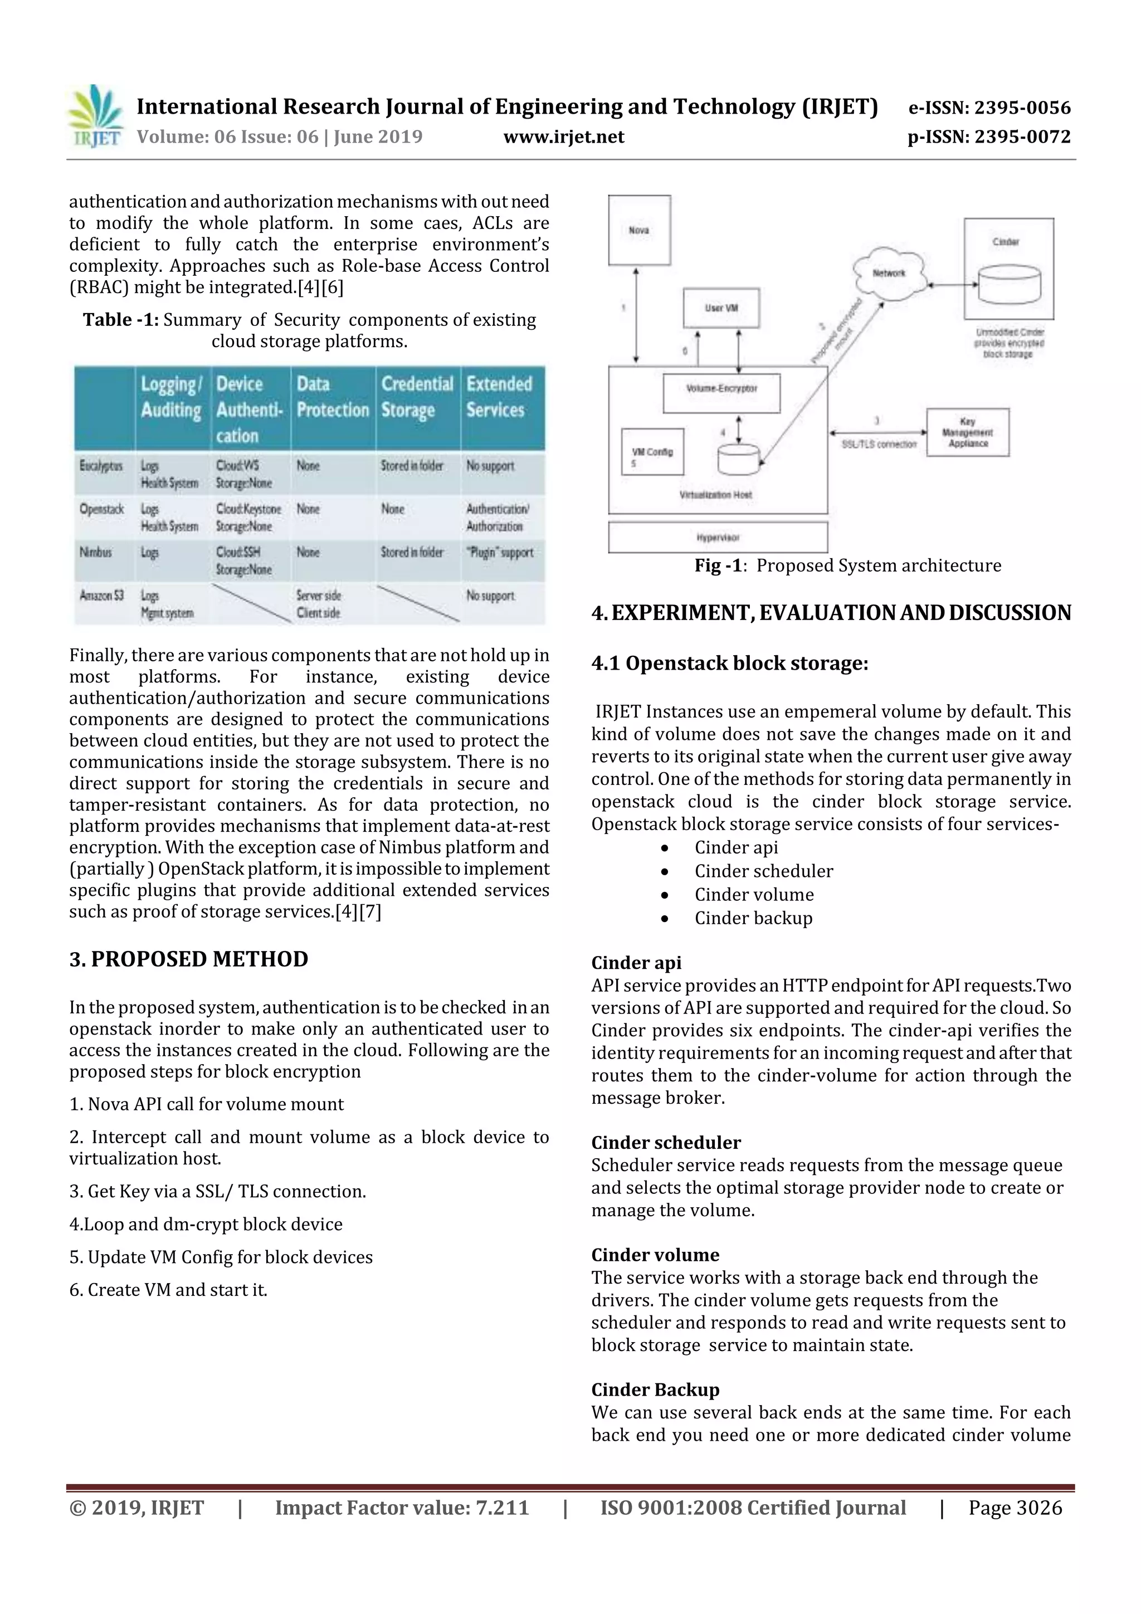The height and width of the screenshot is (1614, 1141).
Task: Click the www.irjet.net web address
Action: (564, 136)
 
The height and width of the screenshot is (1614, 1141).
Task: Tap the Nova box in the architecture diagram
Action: (639, 230)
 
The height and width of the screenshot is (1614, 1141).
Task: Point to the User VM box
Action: (721, 308)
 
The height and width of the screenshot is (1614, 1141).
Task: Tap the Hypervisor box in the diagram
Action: (718, 538)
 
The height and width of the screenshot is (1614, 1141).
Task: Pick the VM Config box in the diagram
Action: (652, 452)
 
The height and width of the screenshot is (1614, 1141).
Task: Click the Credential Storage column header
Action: (418, 397)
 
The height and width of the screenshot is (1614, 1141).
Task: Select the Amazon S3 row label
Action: (102, 596)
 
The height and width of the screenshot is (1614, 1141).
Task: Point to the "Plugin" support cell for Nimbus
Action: (500, 553)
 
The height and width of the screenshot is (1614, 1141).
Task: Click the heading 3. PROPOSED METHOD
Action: (188, 959)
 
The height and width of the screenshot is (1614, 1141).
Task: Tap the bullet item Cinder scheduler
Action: (763, 871)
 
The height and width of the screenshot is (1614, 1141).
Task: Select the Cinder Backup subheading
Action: (655, 1389)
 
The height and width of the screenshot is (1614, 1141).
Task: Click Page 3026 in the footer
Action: (1015, 1507)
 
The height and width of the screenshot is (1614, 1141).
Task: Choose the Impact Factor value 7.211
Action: (402, 1507)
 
